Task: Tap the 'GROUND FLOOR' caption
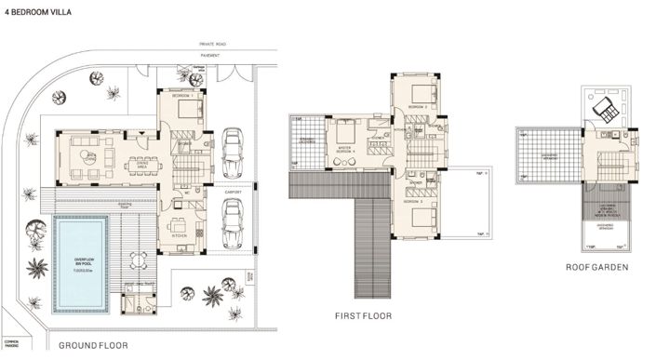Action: tap(92, 345)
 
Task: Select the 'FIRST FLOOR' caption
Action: tap(363, 315)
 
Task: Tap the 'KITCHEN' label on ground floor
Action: tap(180, 236)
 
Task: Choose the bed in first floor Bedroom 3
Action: tap(421, 221)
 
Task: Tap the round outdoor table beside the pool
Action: tap(140, 259)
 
